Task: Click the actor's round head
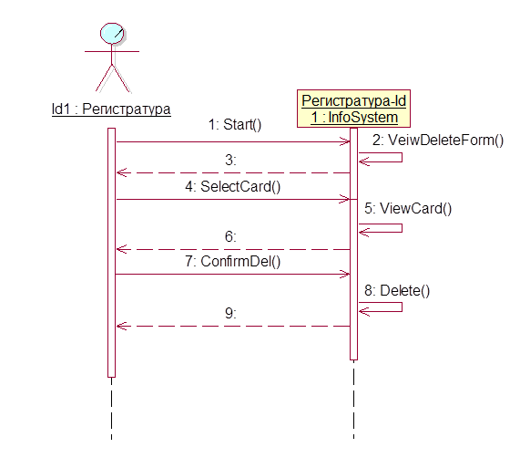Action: (x=112, y=33)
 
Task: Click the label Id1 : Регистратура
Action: (x=111, y=109)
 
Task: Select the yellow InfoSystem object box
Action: (x=353, y=109)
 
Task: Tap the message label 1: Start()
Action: (x=235, y=125)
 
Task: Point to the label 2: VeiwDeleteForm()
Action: (x=438, y=140)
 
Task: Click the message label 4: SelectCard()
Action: (x=233, y=187)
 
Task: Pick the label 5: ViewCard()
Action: (x=408, y=208)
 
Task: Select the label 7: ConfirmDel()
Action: (x=233, y=262)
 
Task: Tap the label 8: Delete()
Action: (x=397, y=291)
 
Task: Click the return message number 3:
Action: (x=231, y=160)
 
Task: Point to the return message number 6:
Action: (x=231, y=236)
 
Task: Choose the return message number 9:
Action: (x=231, y=313)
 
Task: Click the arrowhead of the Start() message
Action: (x=345, y=141)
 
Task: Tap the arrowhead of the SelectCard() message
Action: (x=345, y=199)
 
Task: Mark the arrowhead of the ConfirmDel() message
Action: (x=345, y=274)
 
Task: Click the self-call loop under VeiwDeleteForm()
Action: (x=402, y=157)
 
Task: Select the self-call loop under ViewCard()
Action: (x=402, y=228)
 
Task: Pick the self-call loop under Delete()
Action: (x=402, y=307)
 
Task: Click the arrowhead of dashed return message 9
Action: (x=121, y=327)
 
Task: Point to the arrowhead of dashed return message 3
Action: (x=121, y=172)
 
